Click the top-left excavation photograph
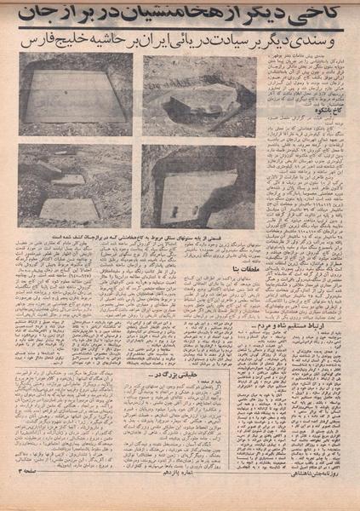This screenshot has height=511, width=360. [74, 94]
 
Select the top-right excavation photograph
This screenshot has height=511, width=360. [199, 94]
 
